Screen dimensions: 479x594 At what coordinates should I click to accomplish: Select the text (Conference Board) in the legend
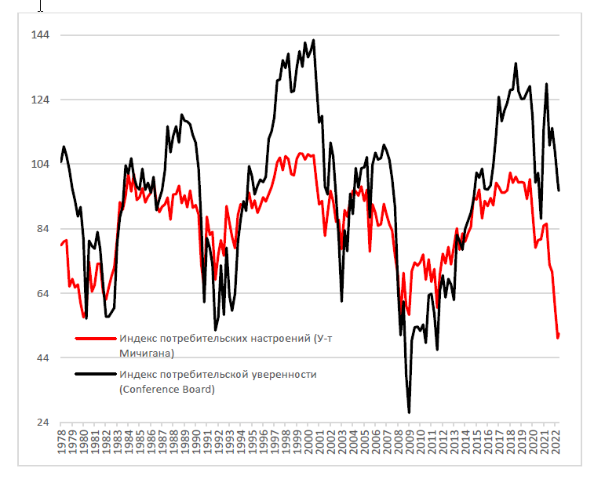(166, 389)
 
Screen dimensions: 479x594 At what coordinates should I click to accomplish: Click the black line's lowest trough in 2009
(410, 412)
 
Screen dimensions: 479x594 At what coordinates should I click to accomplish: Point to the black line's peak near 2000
(313, 40)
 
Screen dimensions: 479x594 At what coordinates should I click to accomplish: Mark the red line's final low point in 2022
(558, 337)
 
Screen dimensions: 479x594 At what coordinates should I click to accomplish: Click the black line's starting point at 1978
(61, 161)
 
